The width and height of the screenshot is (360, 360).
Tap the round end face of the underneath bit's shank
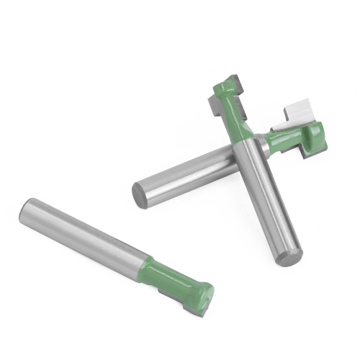click(140, 195)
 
